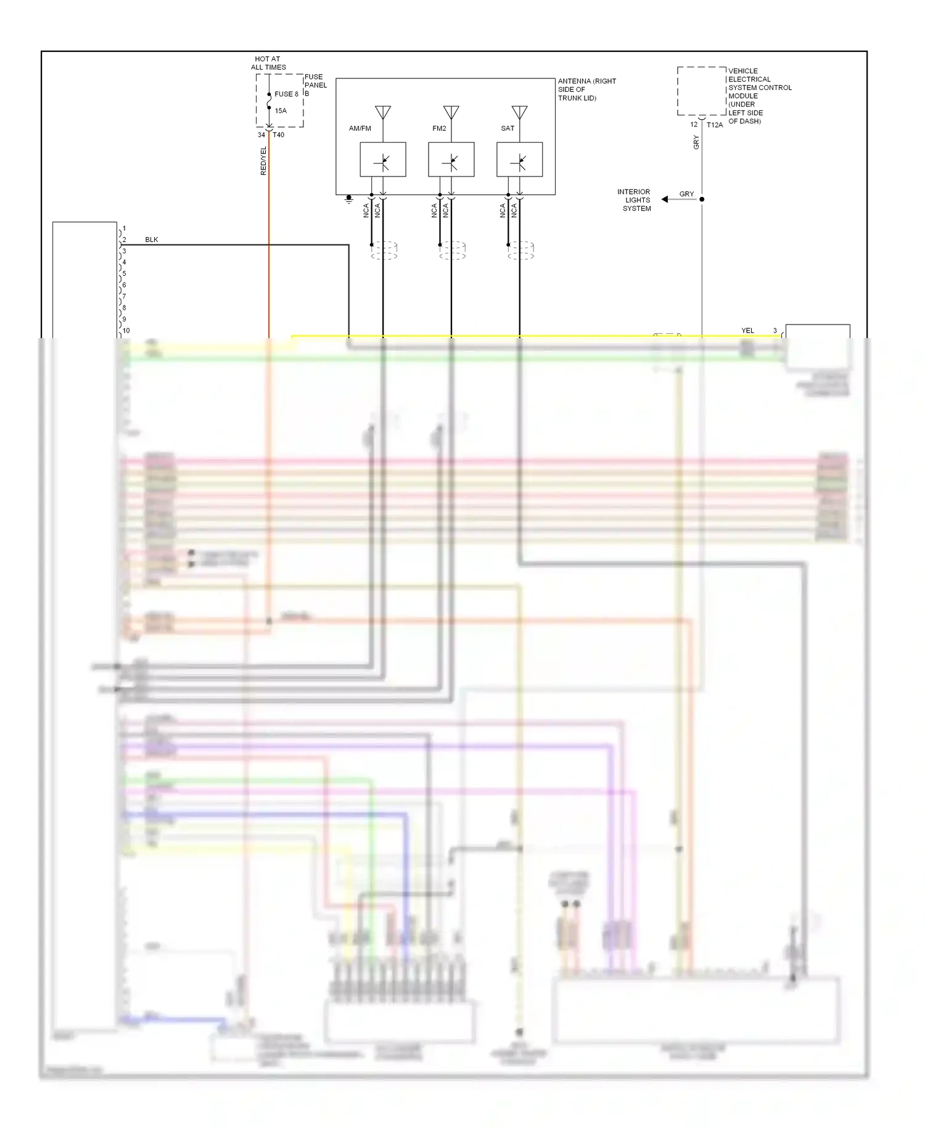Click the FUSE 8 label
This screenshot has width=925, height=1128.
point(286,94)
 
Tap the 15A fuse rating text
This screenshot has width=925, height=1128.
point(281,111)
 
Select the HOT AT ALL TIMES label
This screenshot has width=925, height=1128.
point(268,63)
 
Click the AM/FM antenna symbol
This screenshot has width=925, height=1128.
point(383,113)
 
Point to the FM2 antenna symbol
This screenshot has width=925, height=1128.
point(451,113)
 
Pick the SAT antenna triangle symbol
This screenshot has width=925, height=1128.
point(520,113)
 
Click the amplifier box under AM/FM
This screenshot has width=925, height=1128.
point(383,160)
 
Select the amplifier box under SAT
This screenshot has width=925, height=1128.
point(520,160)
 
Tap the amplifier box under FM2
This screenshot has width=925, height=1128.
point(451,160)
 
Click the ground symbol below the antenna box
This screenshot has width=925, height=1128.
point(348,199)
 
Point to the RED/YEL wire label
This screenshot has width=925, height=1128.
point(263,161)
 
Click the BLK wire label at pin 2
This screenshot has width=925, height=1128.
point(152,239)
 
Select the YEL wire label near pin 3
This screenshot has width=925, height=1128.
point(747,331)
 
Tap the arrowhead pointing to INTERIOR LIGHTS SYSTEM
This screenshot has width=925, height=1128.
point(665,199)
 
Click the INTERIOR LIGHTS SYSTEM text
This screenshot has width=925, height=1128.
point(635,201)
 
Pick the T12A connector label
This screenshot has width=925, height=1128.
point(715,125)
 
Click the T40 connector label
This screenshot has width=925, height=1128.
point(279,135)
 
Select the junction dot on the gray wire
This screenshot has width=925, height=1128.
point(702,199)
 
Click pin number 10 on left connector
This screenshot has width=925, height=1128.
point(126,331)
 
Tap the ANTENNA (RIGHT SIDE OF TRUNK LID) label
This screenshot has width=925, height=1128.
point(586,89)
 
